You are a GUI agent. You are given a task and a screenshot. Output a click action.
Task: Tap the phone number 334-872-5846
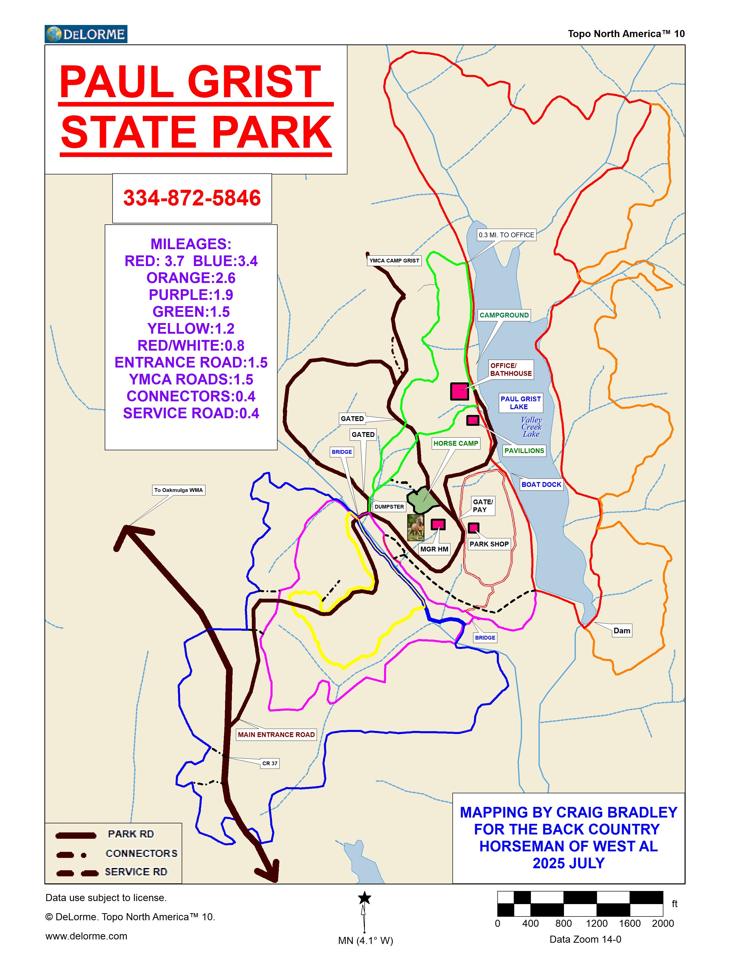click(192, 198)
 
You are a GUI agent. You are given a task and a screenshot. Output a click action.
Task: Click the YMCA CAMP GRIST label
click(394, 260)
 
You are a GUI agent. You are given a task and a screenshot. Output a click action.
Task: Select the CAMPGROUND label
click(504, 315)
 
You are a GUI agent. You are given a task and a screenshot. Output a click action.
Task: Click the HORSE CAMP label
click(456, 443)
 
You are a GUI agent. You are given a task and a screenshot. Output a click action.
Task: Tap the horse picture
click(416, 527)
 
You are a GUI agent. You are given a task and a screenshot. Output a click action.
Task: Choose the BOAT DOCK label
click(541, 484)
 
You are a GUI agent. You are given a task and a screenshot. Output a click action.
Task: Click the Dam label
click(622, 630)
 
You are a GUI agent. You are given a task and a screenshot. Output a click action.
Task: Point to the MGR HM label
click(434, 549)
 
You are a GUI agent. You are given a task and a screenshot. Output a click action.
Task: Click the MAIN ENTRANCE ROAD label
click(276, 734)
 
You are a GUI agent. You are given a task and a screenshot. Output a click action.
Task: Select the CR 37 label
click(269, 763)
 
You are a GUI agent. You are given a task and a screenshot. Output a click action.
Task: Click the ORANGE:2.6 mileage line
click(191, 278)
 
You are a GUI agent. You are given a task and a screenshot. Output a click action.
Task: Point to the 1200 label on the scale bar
click(596, 923)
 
